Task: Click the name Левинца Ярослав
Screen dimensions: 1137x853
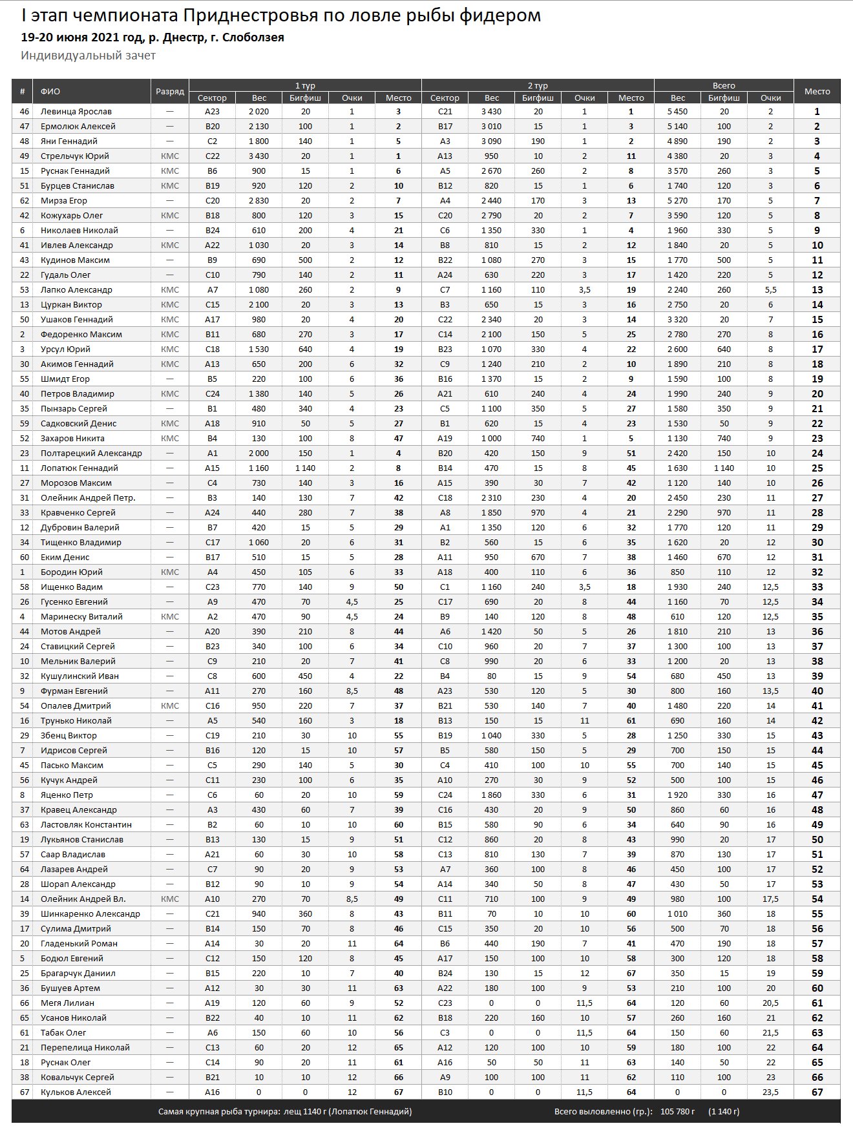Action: coord(76,112)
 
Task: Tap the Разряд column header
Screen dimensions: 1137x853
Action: coord(170,92)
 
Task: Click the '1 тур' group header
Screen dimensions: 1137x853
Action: coord(305,85)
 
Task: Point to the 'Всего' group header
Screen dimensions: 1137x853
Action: coord(724,85)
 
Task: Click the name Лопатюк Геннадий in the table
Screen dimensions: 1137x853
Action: coord(79,468)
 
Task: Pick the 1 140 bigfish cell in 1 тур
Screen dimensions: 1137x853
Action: coord(305,468)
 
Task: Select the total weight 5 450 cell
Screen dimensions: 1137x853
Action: coord(677,112)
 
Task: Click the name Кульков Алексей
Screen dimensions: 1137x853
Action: coord(76,1092)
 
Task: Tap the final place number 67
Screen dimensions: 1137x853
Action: coord(817,1092)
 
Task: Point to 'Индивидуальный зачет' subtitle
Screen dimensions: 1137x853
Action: coord(88,56)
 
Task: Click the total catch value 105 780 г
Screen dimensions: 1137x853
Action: coord(677,1112)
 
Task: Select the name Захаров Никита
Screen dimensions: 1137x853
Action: coord(72,439)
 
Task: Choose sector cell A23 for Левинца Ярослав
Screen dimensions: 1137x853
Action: coord(212,112)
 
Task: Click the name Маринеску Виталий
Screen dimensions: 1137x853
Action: coord(81,617)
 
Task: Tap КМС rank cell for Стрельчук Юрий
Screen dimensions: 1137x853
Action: coord(170,156)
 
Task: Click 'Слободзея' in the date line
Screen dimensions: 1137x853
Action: coord(253,37)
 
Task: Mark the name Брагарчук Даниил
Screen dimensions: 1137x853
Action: coord(78,974)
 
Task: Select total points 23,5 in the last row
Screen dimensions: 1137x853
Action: coord(770,1092)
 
